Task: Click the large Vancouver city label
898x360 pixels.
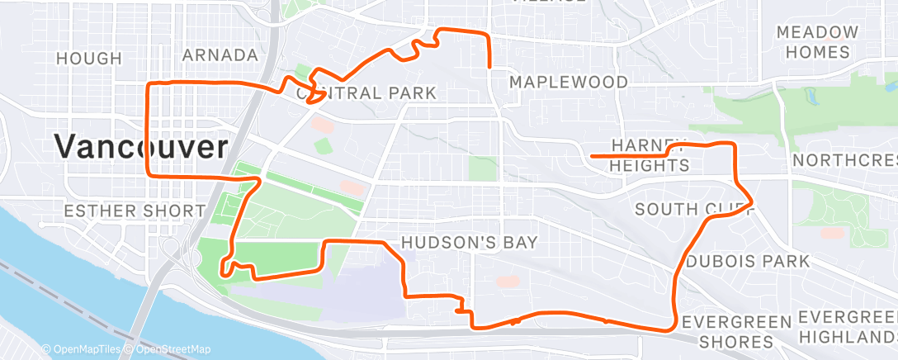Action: click(141, 148)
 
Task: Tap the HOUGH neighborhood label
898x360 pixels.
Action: click(88, 59)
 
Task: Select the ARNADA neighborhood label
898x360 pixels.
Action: click(220, 55)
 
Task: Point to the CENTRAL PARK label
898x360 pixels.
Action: click(366, 93)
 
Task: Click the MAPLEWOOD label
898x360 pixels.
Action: click(569, 83)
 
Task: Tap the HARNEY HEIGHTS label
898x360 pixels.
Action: click(649, 154)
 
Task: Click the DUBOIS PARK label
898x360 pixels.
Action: click(748, 262)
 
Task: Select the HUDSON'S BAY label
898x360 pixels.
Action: click(469, 243)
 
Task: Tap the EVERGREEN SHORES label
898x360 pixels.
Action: click(736, 331)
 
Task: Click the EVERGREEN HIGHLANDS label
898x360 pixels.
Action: click(847, 328)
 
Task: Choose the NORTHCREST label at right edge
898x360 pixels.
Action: click(844, 159)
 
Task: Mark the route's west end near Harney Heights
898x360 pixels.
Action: click(593, 154)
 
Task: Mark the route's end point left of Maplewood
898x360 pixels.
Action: click(491, 67)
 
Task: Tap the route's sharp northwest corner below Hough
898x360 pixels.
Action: click(148, 84)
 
